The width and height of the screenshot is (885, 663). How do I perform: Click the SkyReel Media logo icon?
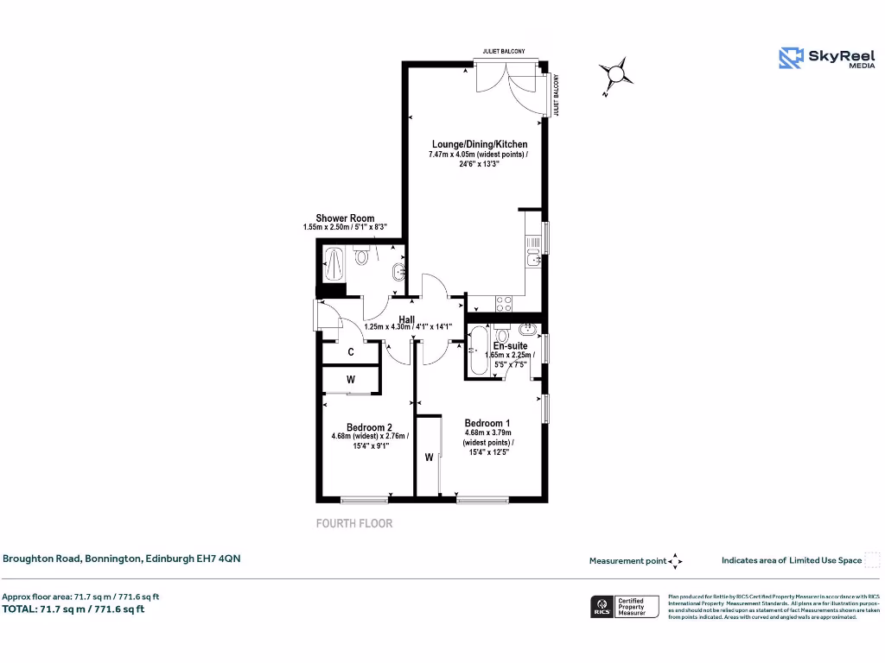pos(791,58)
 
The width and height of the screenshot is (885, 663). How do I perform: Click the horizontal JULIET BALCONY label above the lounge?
pos(505,52)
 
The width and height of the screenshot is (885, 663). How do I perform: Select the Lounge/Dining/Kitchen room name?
pos(479,144)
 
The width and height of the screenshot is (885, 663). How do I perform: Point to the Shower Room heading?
pos(345,218)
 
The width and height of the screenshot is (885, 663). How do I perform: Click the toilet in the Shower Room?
pos(362,256)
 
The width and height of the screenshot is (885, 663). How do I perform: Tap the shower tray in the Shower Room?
pos(334,263)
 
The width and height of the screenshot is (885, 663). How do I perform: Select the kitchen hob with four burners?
pos(502,303)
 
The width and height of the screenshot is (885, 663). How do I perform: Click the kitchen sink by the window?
pos(533,256)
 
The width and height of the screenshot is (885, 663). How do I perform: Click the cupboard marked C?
pos(351,352)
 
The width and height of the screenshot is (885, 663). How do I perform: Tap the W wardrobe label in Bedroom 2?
pos(351,379)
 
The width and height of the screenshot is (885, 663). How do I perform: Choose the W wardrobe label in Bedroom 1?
pos(429,458)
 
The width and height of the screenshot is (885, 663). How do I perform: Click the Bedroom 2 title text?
pos(369,427)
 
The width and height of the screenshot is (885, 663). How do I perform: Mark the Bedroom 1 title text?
pos(487,423)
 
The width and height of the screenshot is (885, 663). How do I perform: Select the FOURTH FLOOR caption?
pos(353,523)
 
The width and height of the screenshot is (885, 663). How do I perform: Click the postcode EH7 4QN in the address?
pos(220,559)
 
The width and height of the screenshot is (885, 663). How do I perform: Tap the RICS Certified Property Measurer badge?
pos(623,607)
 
